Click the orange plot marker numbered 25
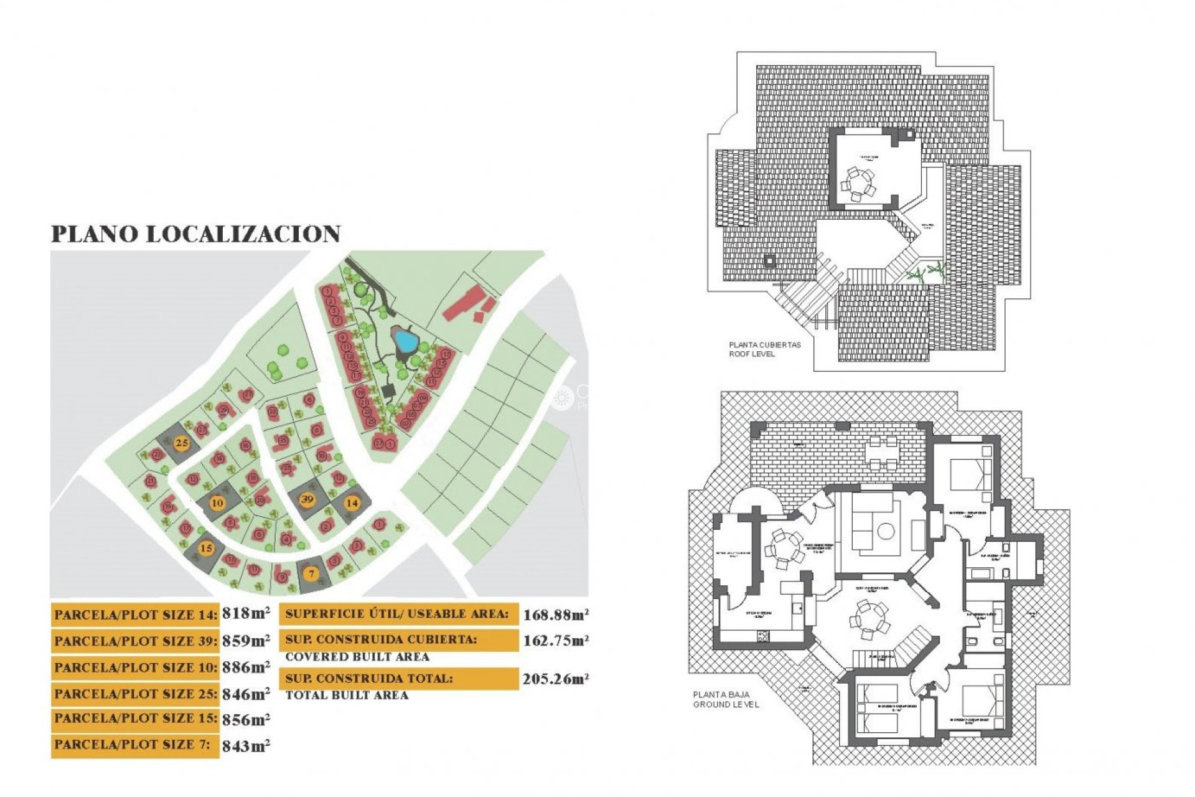(x=181, y=443)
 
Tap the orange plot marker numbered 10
(x=217, y=503)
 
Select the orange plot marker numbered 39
(x=307, y=499)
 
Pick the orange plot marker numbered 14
(x=352, y=502)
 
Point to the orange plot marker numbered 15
(x=206, y=549)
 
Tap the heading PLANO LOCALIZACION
(x=195, y=234)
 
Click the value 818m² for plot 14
(x=246, y=613)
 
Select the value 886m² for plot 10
(x=246, y=667)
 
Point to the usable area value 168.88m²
(x=555, y=615)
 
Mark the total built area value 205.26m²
(x=555, y=679)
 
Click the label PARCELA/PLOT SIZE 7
(x=132, y=745)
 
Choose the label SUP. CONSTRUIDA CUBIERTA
(x=381, y=639)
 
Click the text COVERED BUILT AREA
(x=357, y=657)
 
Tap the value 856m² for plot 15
(x=246, y=720)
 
